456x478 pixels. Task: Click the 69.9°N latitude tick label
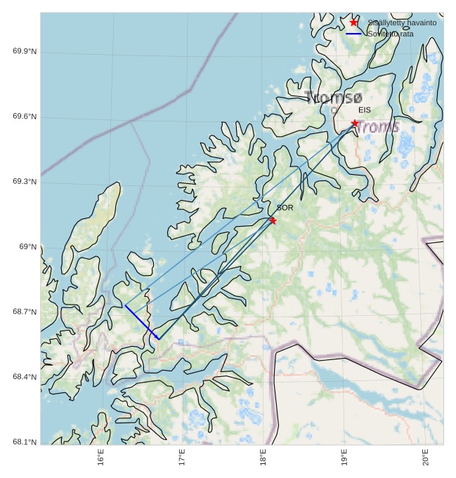25,52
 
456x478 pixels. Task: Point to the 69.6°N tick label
25,117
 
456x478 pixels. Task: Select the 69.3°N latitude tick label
25,182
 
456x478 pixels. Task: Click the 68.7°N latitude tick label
25,312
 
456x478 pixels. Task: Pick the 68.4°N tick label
25,377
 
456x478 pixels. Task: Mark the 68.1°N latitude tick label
25,442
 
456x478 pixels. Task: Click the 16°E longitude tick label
101,457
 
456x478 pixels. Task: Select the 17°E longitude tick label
182,457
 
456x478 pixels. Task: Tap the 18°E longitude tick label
263,457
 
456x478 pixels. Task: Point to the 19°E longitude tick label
344,457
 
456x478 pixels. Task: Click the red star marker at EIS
355,124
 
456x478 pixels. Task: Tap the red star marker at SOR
273,220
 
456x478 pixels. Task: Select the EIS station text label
364,110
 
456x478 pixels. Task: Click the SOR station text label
285,208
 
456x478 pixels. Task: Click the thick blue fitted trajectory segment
142,322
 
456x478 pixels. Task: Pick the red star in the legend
353,22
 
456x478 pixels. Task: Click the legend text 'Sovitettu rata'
391,34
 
